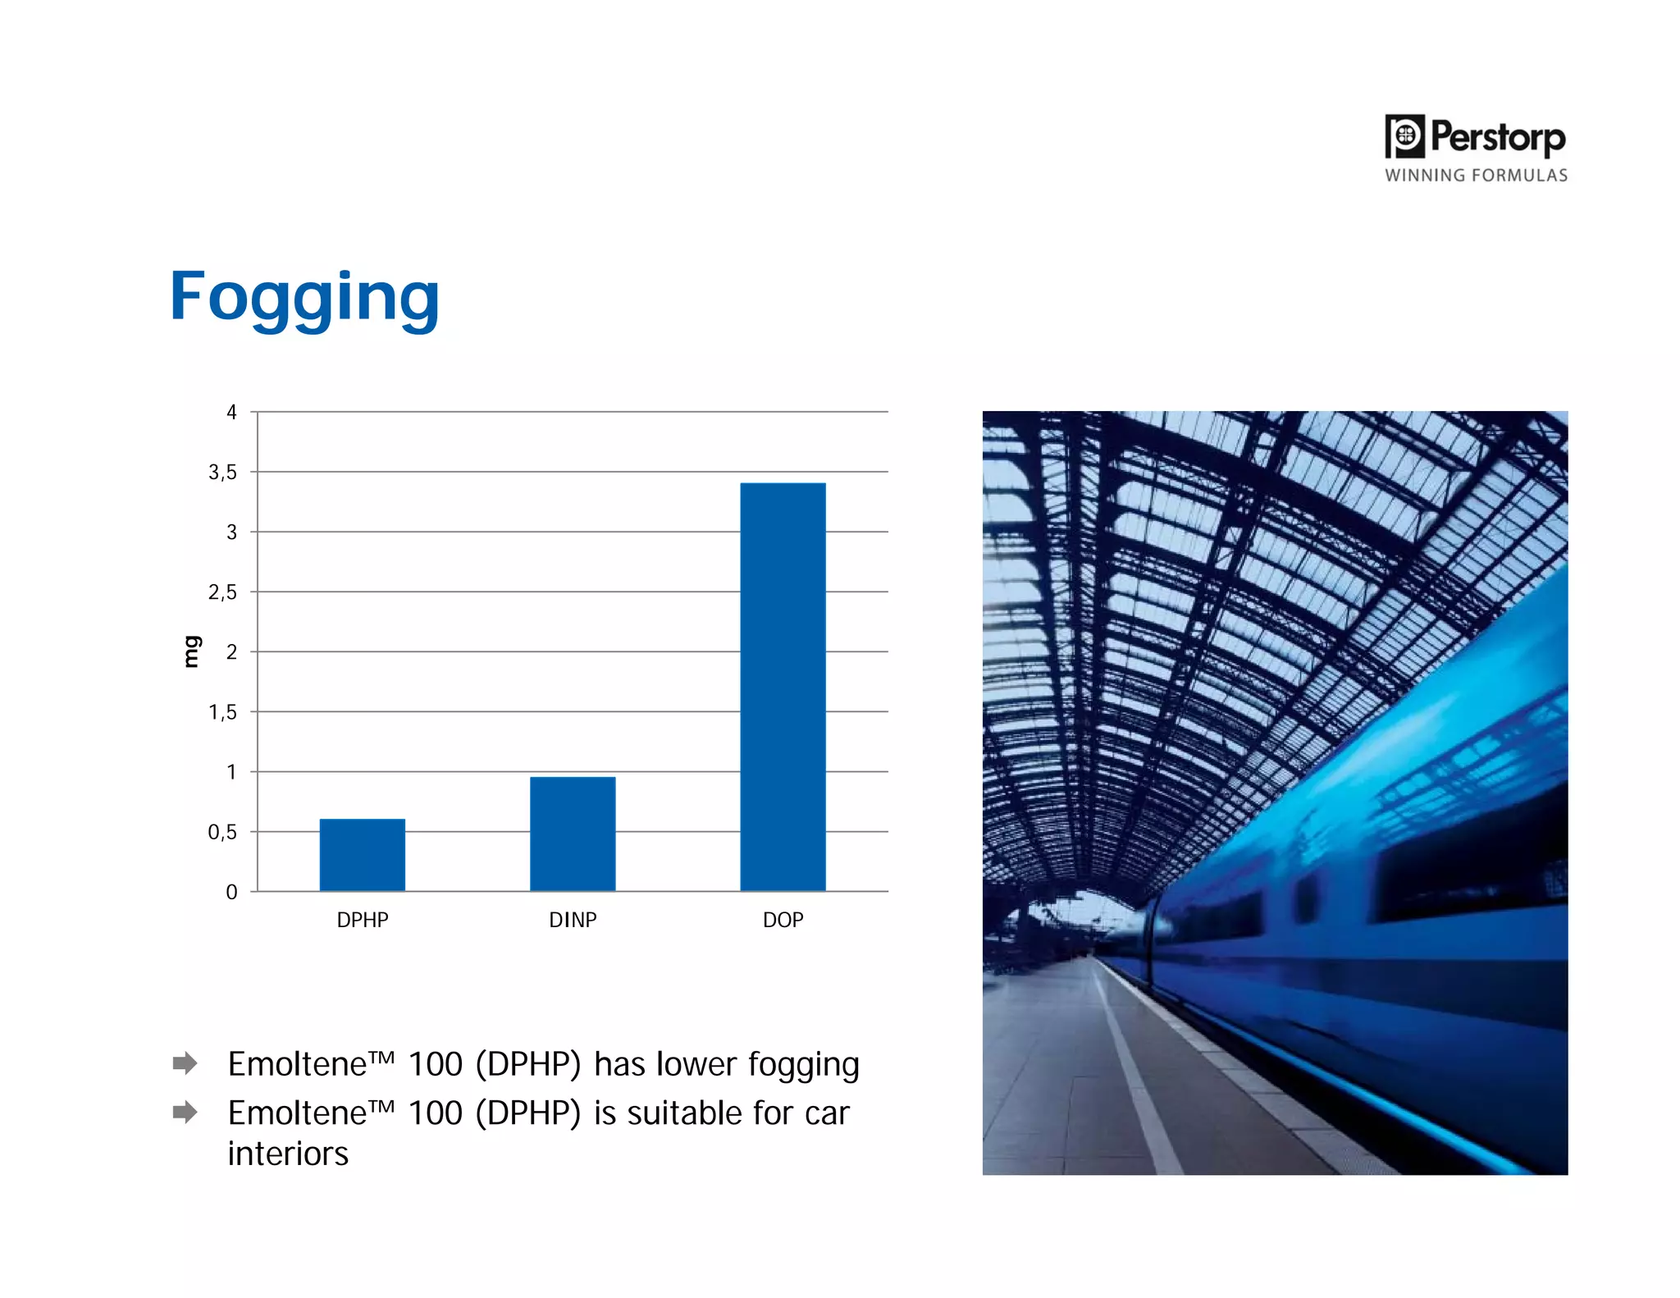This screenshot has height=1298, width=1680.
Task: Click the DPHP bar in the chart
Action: tap(362, 855)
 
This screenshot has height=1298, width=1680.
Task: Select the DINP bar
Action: tap(573, 834)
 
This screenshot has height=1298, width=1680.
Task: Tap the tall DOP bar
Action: tap(783, 687)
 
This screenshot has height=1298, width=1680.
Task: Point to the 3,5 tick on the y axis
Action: tap(222, 472)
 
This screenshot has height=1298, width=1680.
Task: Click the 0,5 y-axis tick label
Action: tap(222, 832)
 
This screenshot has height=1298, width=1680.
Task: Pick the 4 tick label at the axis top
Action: tap(231, 412)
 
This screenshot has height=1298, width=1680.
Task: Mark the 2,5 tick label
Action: tap(222, 592)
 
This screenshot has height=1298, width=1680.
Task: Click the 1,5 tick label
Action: tap(222, 712)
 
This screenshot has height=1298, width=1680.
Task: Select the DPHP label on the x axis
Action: tap(363, 920)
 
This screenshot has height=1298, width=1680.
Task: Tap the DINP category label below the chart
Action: tap(573, 920)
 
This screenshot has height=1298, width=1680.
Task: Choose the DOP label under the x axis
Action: tap(783, 920)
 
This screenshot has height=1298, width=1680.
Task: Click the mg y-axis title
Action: tap(190, 651)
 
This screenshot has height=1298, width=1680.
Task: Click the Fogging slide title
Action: tap(304, 297)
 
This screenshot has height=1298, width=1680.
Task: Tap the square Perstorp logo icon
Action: tap(1404, 136)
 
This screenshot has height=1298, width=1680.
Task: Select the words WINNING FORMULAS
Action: tap(1476, 176)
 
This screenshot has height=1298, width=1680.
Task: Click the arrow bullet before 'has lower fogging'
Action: tap(185, 1063)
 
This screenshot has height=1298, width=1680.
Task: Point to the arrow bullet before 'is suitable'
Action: tap(185, 1113)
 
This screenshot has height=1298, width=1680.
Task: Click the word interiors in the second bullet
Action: tap(288, 1154)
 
